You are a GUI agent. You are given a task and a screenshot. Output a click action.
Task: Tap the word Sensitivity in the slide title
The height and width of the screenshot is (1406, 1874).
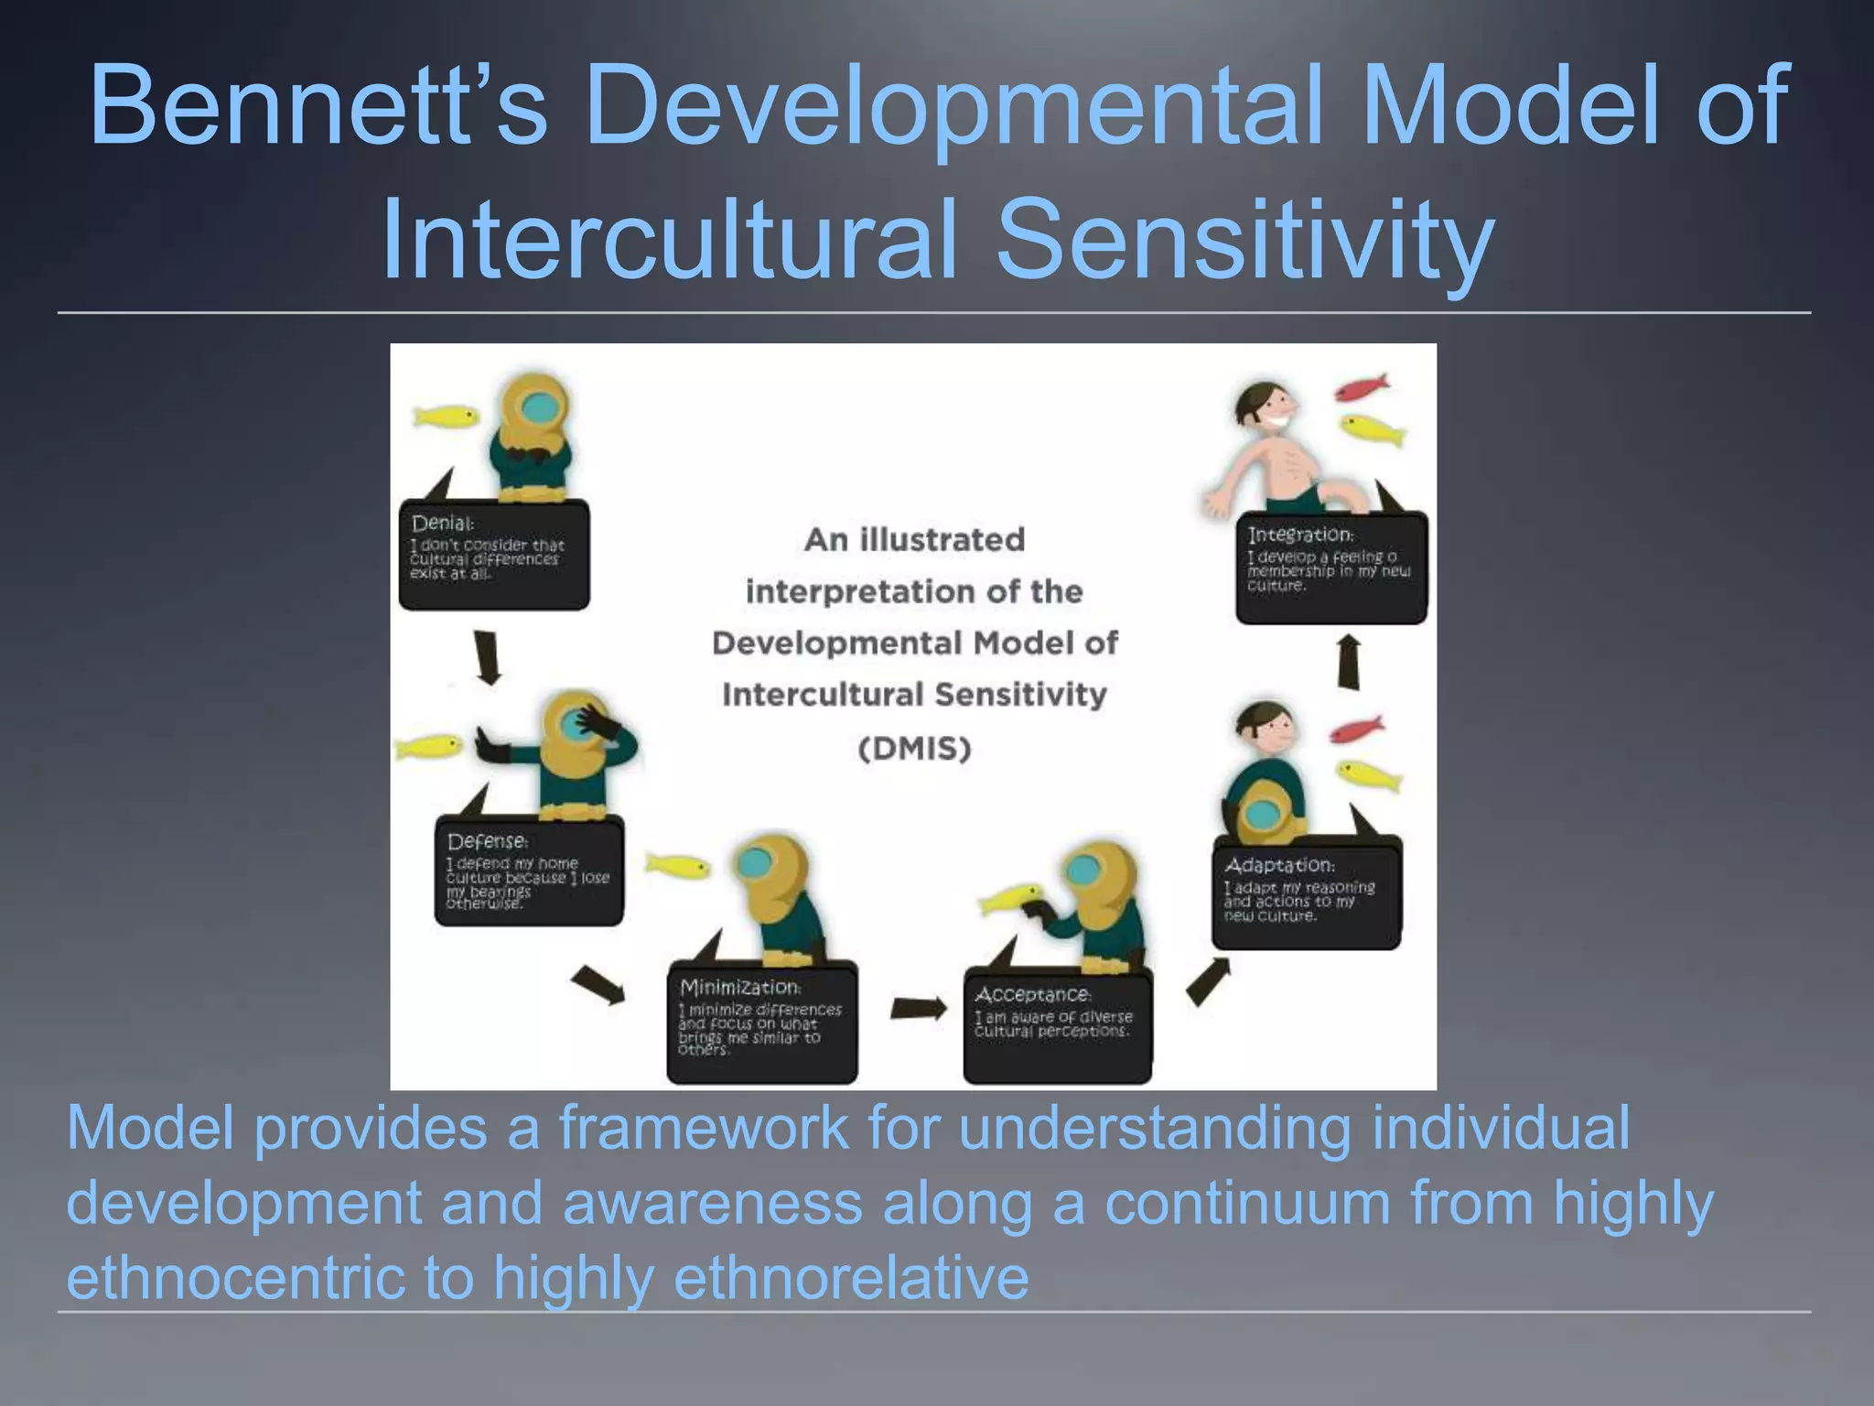click(x=1245, y=239)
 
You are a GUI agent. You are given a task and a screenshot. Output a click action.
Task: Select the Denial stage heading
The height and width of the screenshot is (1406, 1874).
click(x=443, y=524)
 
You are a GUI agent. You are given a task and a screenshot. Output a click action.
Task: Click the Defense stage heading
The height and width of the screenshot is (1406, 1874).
click(x=488, y=840)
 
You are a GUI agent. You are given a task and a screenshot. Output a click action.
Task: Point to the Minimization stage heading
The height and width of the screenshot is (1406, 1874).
click(x=740, y=987)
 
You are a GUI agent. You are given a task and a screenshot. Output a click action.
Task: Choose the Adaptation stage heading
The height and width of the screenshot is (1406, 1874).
click(x=1279, y=865)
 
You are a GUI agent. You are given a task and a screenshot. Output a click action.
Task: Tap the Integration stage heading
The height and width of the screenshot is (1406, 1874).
click(x=1300, y=534)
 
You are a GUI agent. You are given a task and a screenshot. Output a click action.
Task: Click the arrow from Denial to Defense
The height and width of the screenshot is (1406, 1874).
click(x=488, y=656)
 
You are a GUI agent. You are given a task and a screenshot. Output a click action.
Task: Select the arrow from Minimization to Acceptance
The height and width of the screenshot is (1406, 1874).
click(x=919, y=1008)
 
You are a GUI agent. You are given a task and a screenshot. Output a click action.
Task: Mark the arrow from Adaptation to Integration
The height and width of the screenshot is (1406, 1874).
click(x=1349, y=663)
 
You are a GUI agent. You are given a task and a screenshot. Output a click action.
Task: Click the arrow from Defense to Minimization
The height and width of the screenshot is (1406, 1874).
click(x=598, y=985)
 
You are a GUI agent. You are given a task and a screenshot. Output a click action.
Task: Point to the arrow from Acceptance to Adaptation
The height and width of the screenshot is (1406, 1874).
click(x=1208, y=981)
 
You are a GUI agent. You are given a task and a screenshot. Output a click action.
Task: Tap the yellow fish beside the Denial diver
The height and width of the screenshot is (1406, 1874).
click(x=446, y=416)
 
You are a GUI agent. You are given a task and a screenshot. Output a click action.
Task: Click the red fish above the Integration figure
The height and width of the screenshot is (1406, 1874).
click(x=1362, y=387)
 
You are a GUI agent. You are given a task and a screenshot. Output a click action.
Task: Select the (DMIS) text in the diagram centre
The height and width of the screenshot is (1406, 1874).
click(x=914, y=749)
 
